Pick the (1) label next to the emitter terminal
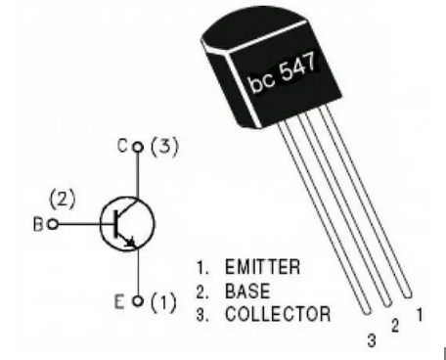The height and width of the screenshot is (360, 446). [x=161, y=301]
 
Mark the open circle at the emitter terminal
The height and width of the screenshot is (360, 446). [x=138, y=300]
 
